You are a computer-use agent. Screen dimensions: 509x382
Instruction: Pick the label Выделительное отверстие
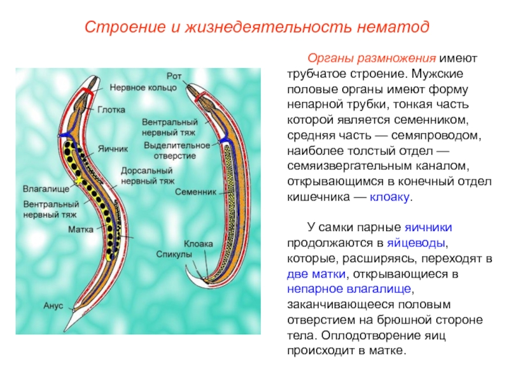click(x=177, y=150)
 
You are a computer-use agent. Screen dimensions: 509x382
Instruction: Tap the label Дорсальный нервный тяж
click(x=148, y=176)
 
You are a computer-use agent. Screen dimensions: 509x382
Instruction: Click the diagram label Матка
click(x=81, y=229)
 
